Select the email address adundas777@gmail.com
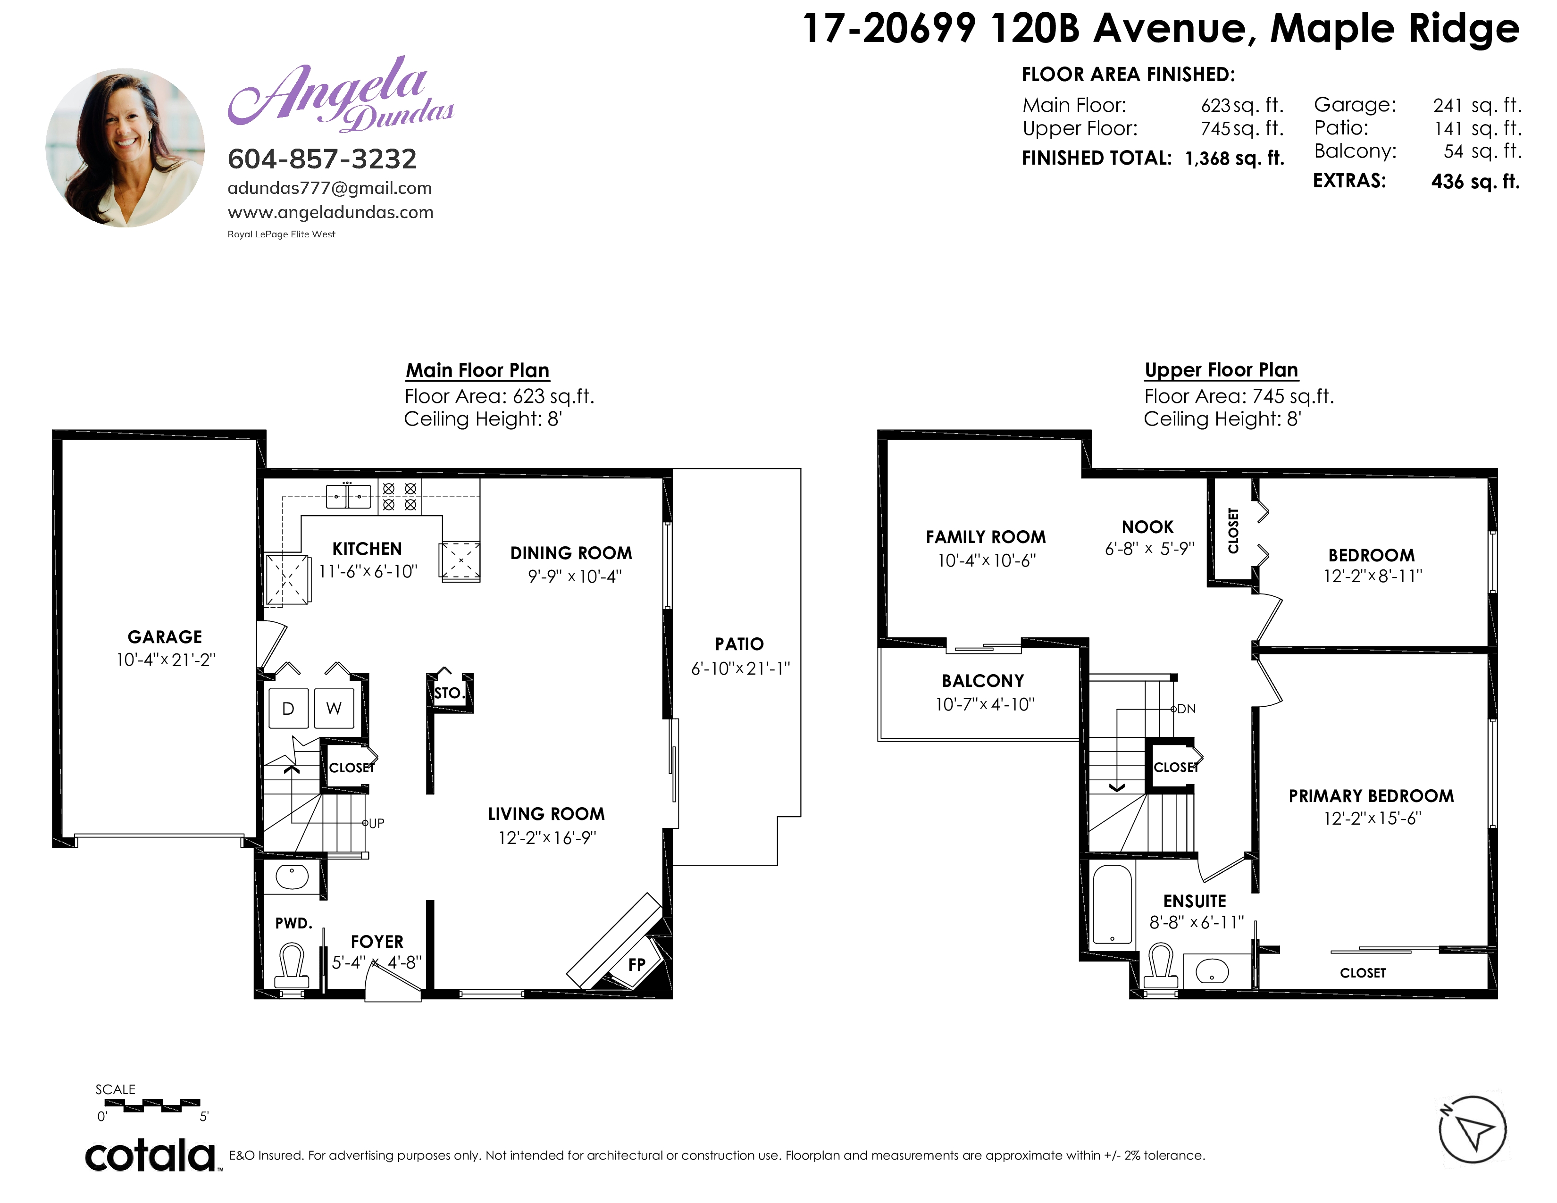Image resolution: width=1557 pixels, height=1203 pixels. pyautogui.click(x=329, y=188)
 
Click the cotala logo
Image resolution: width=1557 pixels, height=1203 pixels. pyautogui.click(x=151, y=1156)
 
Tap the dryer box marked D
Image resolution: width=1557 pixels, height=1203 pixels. pyautogui.click(x=288, y=709)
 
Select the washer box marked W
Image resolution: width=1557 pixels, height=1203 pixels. pyautogui.click(x=334, y=709)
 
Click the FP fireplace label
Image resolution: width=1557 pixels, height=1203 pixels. pyautogui.click(x=636, y=965)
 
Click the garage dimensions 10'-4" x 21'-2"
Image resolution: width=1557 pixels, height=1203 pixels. pyautogui.click(x=166, y=660)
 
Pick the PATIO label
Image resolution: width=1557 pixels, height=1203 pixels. pyautogui.click(x=739, y=644)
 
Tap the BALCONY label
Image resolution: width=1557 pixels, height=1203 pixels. pyautogui.click(x=983, y=681)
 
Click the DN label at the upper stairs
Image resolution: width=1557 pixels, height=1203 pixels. pyautogui.click(x=1186, y=709)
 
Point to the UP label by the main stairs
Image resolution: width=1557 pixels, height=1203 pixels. pyautogui.click(x=377, y=823)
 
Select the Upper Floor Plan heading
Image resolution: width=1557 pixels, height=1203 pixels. pyautogui.click(x=1221, y=370)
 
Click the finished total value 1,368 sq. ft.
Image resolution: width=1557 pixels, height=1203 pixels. pyautogui.click(x=1235, y=158)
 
